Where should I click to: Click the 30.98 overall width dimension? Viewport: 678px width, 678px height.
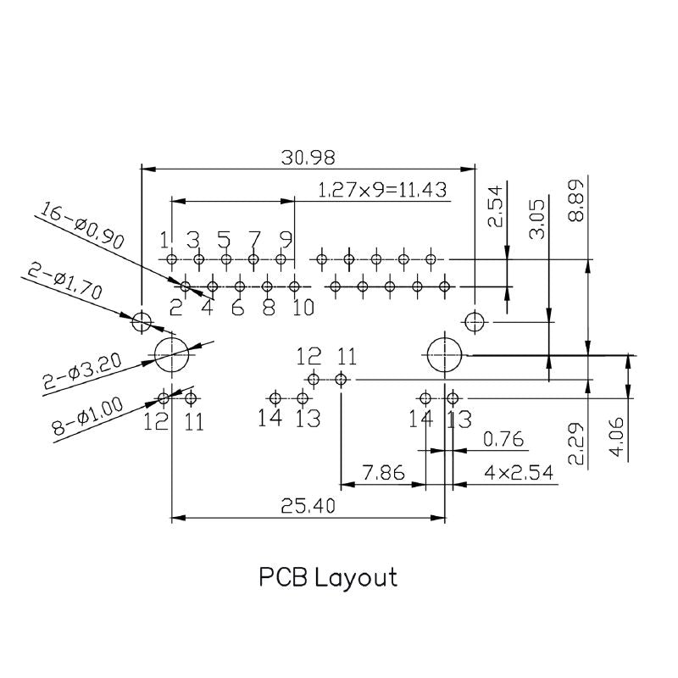pyautogui.click(x=308, y=157)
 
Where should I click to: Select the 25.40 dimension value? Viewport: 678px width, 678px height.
pyautogui.click(x=308, y=506)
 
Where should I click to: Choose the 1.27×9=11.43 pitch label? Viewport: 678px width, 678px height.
pyautogui.click(x=382, y=190)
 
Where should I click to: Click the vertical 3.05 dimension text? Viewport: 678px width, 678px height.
pyautogui.click(x=536, y=219)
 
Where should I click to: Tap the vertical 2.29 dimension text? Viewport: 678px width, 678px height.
pyautogui.click(x=576, y=444)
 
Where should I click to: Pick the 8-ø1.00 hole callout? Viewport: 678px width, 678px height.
pyautogui.click(x=88, y=416)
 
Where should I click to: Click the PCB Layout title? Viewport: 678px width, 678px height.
pyautogui.click(x=327, y=578)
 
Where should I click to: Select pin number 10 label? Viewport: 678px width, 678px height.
pyautogui.click(x=303, y=307)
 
